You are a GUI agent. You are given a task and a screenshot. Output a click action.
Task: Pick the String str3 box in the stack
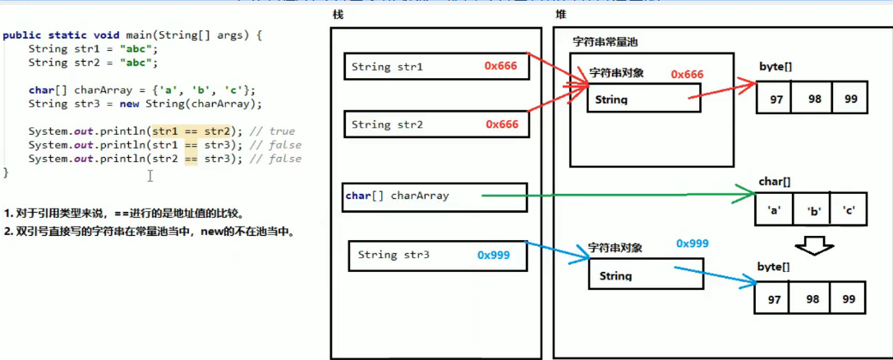[x=437, y=256]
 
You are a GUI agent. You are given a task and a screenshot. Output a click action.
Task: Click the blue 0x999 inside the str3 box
[x=493, y=255]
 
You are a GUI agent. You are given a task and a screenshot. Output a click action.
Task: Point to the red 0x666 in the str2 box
[x=501, y=124]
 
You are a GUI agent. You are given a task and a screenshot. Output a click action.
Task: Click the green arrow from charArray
[x=616, y=196]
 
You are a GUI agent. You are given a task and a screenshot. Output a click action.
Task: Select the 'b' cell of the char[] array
[x=812, y=210]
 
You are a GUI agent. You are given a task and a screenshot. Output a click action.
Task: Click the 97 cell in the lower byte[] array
[x=773, y=299]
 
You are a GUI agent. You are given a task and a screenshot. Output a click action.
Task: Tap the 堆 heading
[x=561, y=15]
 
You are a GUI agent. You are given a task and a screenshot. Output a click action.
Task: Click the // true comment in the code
[x=275, y=132]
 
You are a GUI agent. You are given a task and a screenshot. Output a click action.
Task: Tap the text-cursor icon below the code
[x=150, y=175]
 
